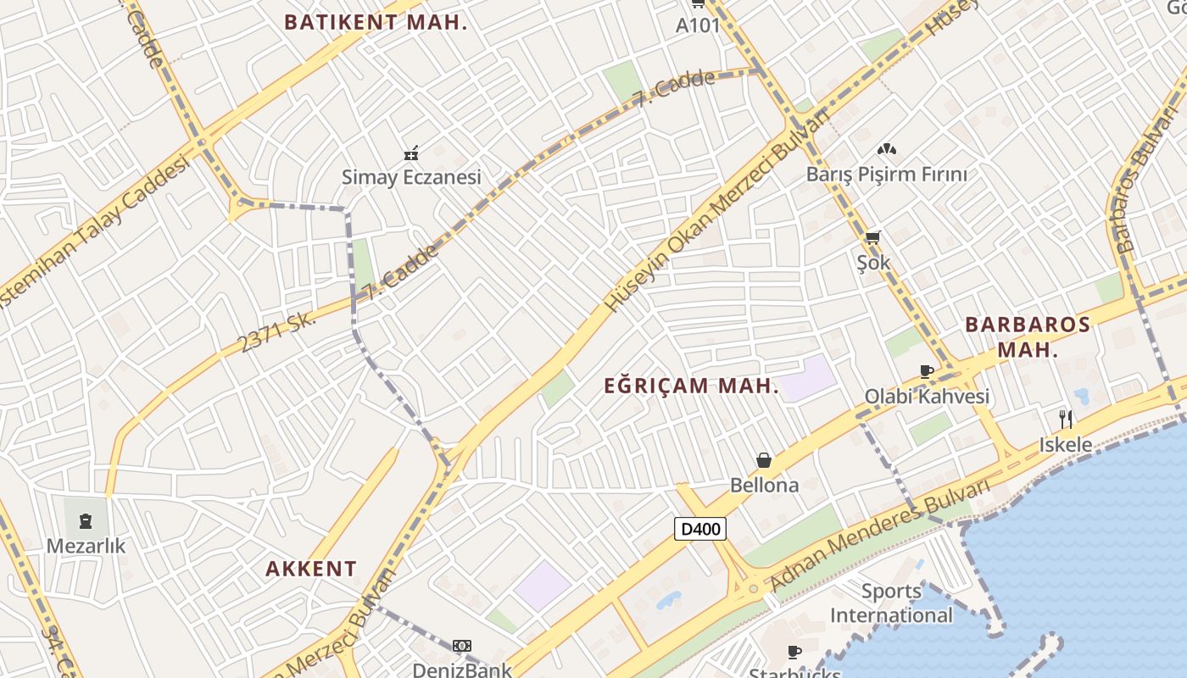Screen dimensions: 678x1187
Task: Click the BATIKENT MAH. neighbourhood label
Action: tap(376, 22)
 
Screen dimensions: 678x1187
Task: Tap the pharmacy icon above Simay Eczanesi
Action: tap(411, 153)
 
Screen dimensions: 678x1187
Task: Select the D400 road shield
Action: tap(700, 530)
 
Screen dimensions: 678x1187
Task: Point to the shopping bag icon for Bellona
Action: tap(764, 460)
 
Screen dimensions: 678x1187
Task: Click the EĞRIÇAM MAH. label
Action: tap(691, 386)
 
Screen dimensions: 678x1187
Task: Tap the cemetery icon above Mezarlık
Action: tap(86, 520)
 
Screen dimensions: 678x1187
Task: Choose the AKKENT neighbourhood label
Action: tap(311, 569)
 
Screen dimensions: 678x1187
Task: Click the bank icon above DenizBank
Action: tap(461, 646)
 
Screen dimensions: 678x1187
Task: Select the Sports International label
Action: tap(891, 603)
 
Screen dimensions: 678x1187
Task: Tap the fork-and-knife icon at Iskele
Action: tap(1066, 419)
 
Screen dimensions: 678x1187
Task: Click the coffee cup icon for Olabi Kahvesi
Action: tap(926, 371)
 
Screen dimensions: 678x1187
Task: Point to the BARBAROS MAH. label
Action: tap(1028, 336)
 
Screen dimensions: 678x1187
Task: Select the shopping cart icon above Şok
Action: tap(872, 237)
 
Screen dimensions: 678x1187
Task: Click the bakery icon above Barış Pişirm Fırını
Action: tap(886, 150)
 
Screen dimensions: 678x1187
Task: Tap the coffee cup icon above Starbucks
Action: tap(794, 652)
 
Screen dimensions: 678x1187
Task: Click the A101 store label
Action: tap(697, 25)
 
